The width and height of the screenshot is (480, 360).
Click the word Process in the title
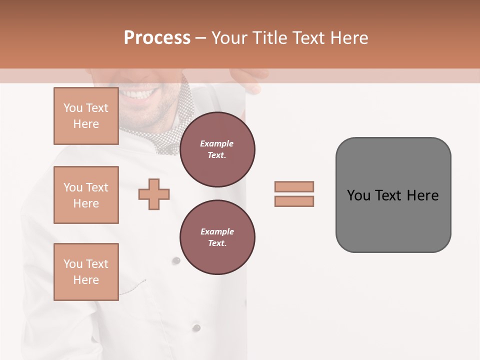coord(157,38)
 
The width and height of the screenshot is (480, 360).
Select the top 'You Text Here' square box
coord(86,116)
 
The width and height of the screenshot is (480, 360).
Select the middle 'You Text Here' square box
coord(86,195)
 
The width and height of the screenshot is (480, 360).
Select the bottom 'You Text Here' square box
coord(86,271)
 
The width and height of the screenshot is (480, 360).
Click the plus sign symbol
coord(154,194)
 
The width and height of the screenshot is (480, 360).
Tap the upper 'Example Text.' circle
coord(217,149)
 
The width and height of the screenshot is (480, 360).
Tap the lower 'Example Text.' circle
coord(217,237)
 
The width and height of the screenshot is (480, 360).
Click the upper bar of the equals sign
coord(294,186)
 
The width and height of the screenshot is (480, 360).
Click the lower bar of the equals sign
coord(294,201)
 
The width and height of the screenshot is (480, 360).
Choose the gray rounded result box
coord(393,195)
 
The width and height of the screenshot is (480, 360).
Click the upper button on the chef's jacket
coord(175,260)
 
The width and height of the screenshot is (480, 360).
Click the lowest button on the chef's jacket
coord(197,327)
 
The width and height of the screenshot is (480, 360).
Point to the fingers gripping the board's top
coord(247,80)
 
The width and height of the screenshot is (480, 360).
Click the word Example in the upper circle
coord(217,143)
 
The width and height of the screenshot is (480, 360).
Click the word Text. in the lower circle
coord(217,243)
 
